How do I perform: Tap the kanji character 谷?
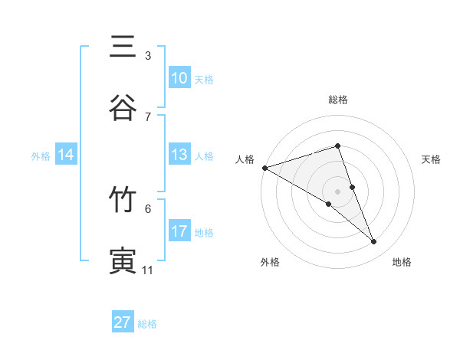pos(123,108)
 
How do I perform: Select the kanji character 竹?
pos(123,200)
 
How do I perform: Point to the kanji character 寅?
pos(123,261)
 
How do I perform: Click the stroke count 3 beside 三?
pos(148,55)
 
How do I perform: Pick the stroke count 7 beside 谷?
pos(148,116)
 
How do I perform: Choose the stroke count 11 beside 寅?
pos(148,270)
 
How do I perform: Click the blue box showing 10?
pos(179,78)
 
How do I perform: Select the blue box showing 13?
pos(179,155)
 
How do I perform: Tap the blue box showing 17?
pos(179,231)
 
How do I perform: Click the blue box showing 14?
pos(66,155)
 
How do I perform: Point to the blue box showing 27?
pos(123,322)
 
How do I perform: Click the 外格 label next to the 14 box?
pos(41,155)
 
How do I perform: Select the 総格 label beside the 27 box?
pos(147,324)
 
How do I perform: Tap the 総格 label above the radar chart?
pos(338,100)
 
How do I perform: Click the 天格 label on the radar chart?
pos(432,159)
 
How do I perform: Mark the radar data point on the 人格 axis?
pos(264,167)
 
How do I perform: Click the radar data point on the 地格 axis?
pos(374,242)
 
